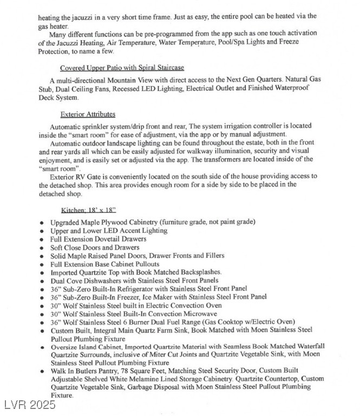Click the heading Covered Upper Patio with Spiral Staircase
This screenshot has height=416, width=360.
pyautogui.click(x=122, y=68)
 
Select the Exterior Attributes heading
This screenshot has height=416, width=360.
pyautogui.click(x=88, y=114)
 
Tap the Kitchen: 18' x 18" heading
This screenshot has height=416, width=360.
pyautogui.click(x=88, y=210)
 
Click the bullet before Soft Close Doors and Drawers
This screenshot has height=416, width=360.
pyautogui.click(x=42, y=247)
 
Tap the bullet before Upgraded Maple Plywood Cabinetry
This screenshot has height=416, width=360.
pyautogui.click(x=42, y=222)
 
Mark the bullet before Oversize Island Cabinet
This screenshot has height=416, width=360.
pyautogui.click(x=42, y=347)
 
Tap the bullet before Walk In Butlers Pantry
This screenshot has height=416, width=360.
pyautogui.click(x=42, y=372)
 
